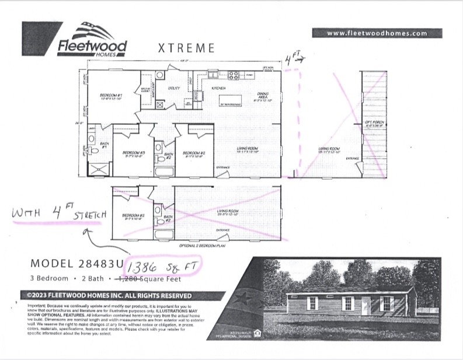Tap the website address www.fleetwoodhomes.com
tap(377, 33)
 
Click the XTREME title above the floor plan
tap(186, 48)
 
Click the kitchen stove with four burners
tap(233, 75)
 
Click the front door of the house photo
tap(365, 305)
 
